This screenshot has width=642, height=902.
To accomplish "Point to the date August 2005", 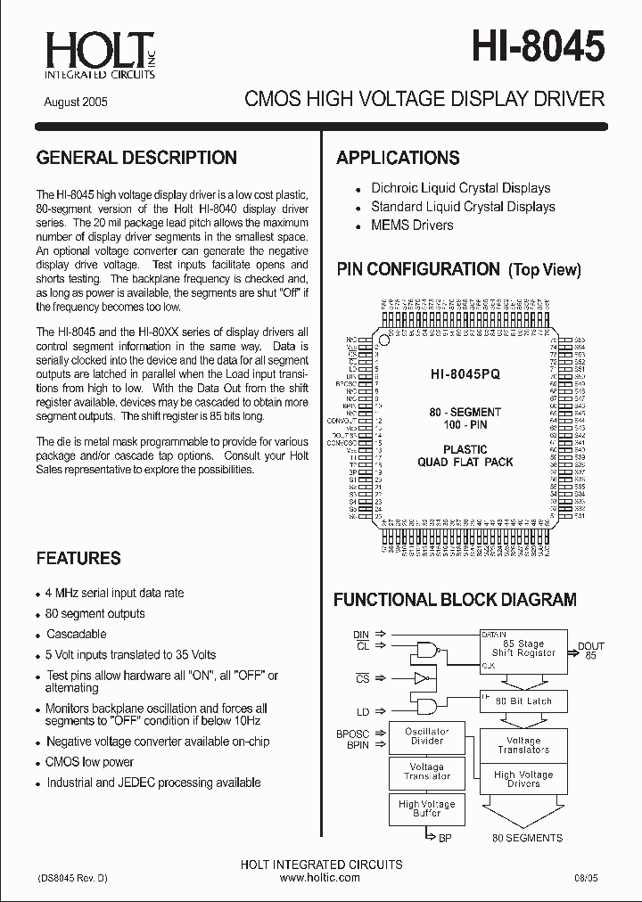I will click(x=76, y=102).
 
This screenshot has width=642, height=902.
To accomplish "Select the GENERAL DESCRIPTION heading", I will click(x=136, y=158).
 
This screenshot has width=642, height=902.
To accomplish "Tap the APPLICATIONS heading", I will click(x=398, y=158).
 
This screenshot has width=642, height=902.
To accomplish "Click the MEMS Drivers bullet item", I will click(x=411, y=225).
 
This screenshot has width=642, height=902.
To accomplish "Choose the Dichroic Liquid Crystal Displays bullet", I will click(x=460, y=188).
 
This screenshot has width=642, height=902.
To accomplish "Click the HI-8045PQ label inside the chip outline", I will click(x=465, y=375).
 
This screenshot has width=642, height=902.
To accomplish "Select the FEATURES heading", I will click(x=78, y=558).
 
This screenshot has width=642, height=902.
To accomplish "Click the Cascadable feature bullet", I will click(x=76, y=634).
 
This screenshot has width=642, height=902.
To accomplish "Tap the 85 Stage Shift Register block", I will click(x=523, y=648).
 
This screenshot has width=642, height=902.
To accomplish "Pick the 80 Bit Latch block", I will click(x=523, y=701).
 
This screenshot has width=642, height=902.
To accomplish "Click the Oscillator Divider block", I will click(x=426, y=736).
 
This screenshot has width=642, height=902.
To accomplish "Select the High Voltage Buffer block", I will click(x=426, y=808).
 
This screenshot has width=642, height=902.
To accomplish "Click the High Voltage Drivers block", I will click(x=523, y=779).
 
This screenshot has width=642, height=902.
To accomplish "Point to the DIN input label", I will click(x=361, y=635).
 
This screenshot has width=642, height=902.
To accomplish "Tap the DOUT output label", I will click(x=590, y=646).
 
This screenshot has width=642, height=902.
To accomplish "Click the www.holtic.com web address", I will click(x=320, y=877).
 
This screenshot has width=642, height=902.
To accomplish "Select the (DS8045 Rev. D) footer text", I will click(x=72, y=877).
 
